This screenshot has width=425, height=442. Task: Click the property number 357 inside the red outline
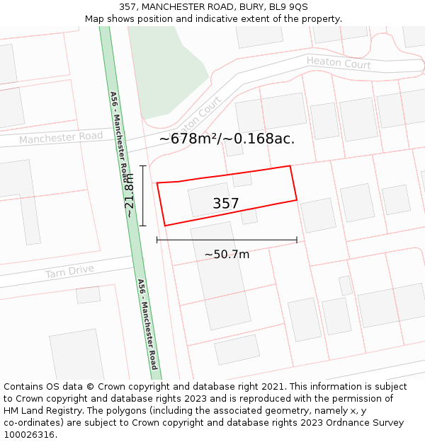226,204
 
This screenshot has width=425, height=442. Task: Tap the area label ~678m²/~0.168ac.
227,139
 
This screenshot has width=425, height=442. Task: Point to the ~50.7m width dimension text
227,255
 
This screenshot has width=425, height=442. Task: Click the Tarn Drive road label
69,272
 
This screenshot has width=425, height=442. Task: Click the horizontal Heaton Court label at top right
339,63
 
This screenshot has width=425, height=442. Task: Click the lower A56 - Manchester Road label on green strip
147,324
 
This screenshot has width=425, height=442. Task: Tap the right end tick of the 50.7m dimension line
297,240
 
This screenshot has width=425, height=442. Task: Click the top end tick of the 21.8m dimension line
143,166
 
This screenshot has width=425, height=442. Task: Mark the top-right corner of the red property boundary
290,166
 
